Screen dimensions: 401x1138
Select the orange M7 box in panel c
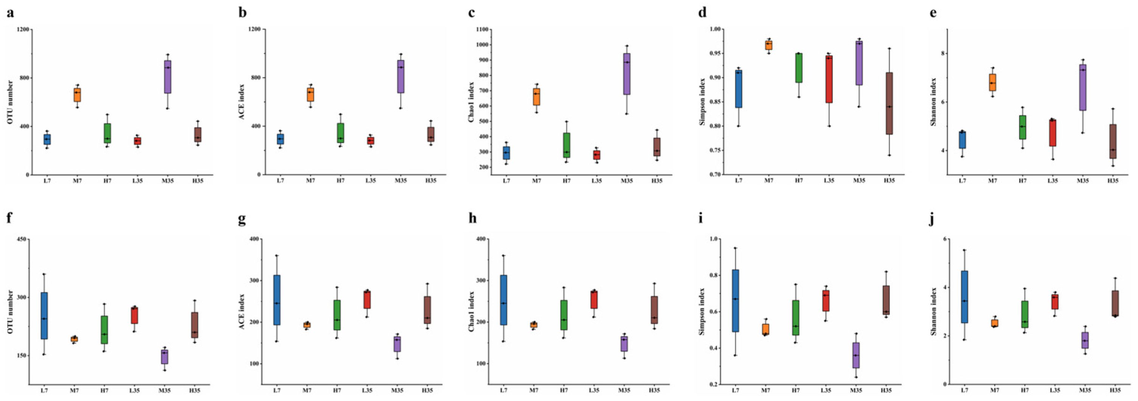click(536, 97)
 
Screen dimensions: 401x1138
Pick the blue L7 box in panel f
click(44, 316)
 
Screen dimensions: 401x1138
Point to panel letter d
click(702, 12)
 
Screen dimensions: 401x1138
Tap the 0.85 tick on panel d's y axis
click(715, 102)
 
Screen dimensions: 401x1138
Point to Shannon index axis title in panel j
click(934, 311)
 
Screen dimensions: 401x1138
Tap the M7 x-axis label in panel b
click(310, 180)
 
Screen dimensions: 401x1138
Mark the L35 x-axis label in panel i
click(826, 390)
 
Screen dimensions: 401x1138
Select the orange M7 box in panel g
click(307, 325)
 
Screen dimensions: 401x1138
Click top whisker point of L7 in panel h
click(504, 256)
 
